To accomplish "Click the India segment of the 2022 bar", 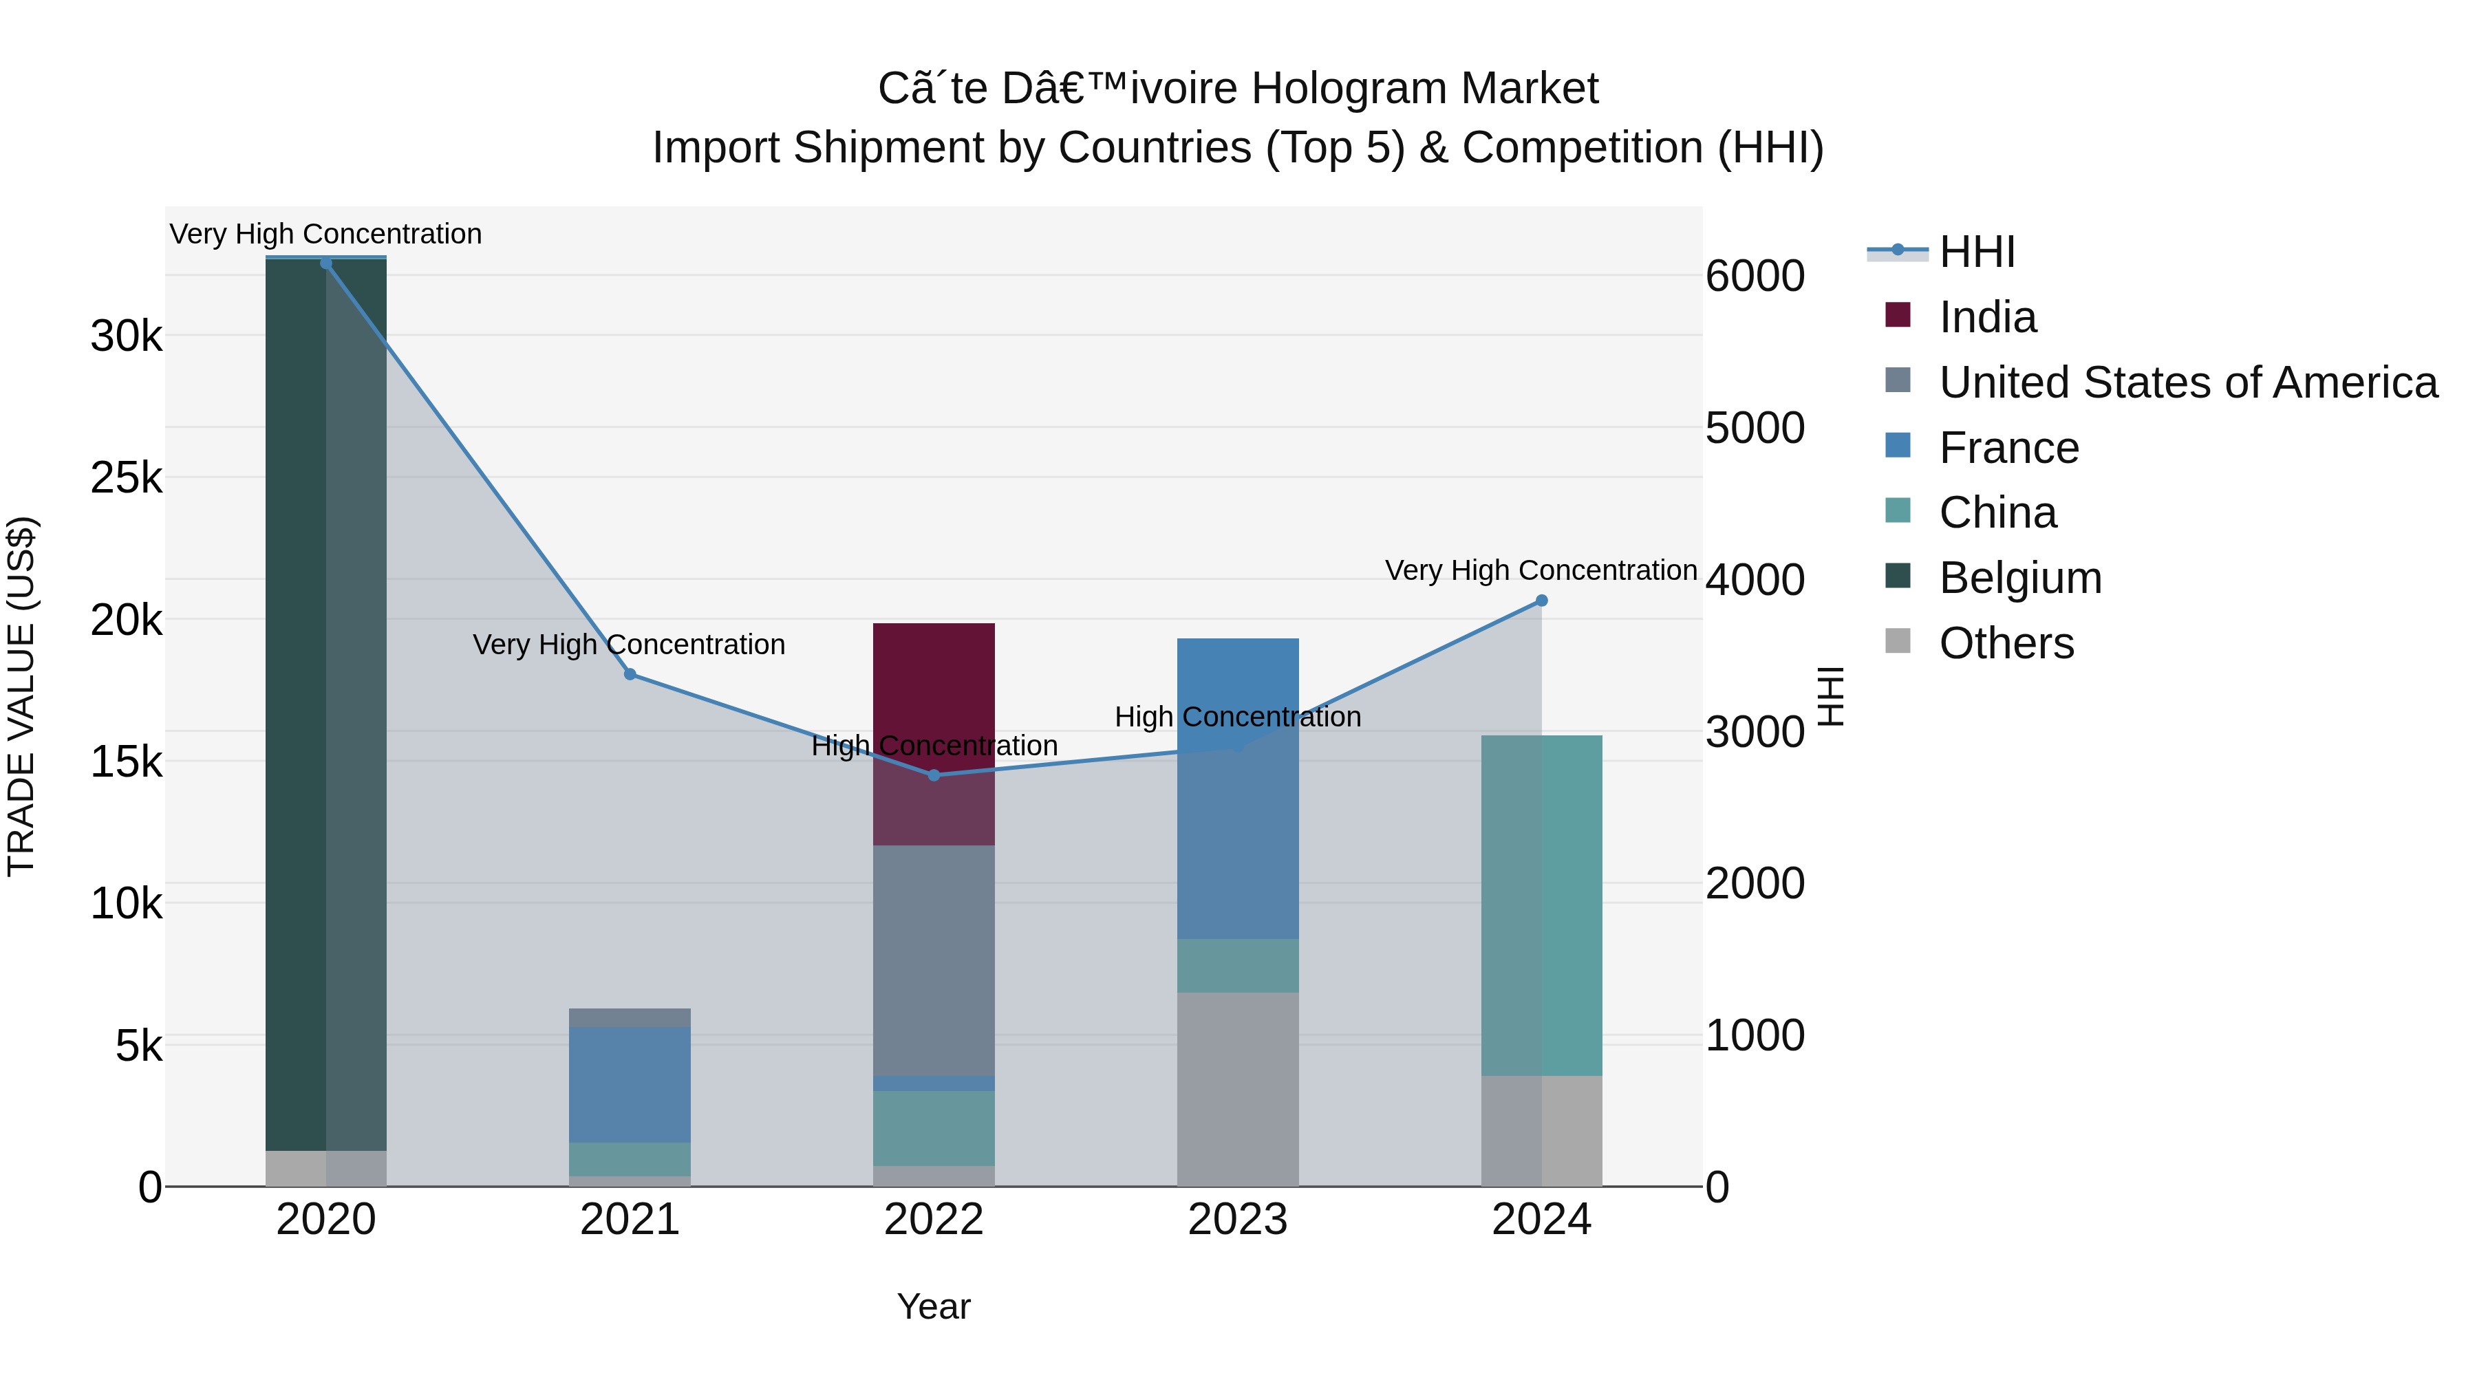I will click(934, 692).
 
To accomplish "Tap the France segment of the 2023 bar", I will click(1238, 827).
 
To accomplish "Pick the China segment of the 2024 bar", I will click(1541, 904).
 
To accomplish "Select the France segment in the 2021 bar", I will click(630, 1083).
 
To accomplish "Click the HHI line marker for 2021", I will click(630, 674).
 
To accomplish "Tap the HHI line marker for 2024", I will click(1541, 600).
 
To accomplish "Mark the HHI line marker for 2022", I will click(934, 775).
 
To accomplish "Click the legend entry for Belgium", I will click(2019, 578).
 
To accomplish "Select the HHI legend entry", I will click(1976, 252).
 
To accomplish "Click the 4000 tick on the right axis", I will click(1755, 580).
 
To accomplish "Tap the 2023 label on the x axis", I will click(1238, 1220).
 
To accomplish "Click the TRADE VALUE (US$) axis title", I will click(21, 696).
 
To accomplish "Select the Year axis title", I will click(934, 1306).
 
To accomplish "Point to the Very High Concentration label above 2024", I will click(1541, 570).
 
